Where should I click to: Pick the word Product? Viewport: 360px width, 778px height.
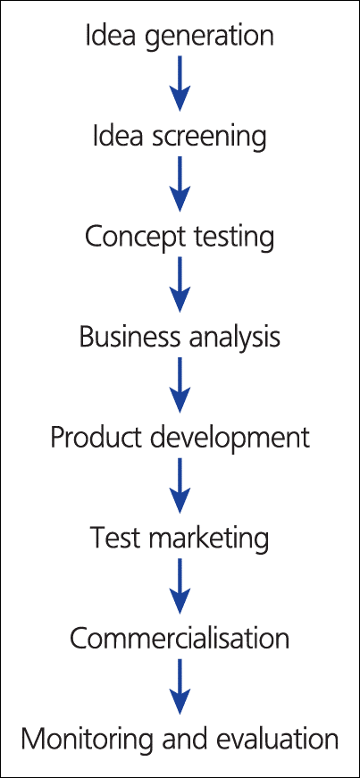click(x=94, y=439)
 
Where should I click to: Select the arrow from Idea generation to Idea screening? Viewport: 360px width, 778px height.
click(x=180, y=83)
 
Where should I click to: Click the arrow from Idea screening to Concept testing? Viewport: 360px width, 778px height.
click(x=180, y=184)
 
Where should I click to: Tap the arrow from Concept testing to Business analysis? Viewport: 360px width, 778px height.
click(x=180, y=285)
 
